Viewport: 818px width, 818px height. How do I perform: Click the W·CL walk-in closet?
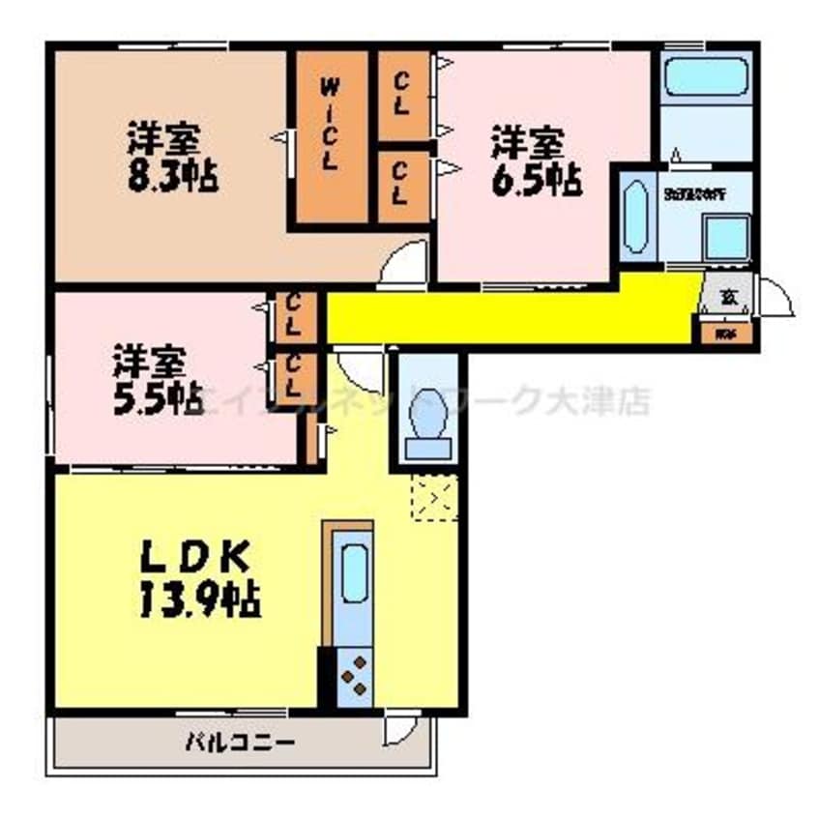tap(330, 135)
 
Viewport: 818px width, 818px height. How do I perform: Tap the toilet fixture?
tap(426, 426)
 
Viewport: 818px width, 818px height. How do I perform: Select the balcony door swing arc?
tap(397, 729)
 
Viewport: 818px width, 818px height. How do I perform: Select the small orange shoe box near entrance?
tap(724, 335)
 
